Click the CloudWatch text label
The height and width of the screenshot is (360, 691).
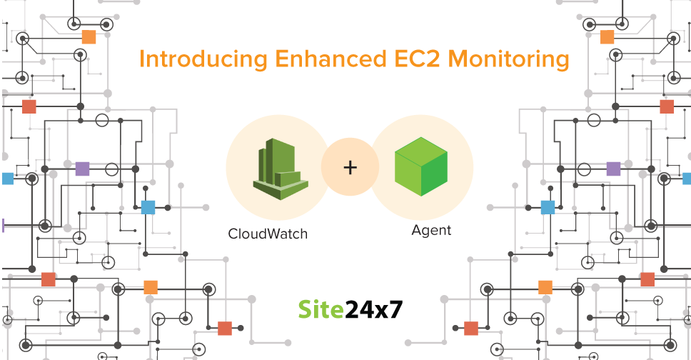[268, 234]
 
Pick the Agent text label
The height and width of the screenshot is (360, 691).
[431, 231]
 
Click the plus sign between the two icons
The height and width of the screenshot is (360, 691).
[350, 168]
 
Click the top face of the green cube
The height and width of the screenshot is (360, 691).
[421, 151]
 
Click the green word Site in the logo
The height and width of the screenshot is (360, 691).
[319, 308]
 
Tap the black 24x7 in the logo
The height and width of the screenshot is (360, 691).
[375, 308]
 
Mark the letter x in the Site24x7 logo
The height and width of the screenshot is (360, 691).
[390, 310]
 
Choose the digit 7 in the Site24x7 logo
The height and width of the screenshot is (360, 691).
[405, 309]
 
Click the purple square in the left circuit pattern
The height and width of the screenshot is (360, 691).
[82, 169]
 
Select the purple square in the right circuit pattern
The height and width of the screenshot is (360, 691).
[613, 169]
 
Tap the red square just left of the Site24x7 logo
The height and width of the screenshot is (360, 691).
[225, 328]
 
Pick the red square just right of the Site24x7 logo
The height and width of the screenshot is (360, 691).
[470, 328]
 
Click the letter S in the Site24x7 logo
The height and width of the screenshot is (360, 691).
[305, 308]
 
